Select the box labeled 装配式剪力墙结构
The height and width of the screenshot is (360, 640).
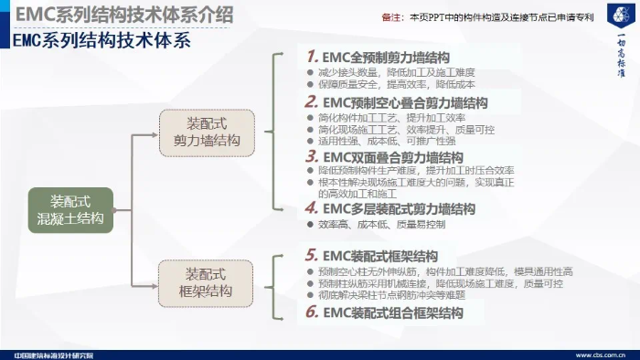[207, 132]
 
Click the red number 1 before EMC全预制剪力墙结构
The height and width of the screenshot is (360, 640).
[313, 56]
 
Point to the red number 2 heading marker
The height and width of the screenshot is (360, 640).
[313, 102]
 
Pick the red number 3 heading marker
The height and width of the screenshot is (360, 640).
[313, 156]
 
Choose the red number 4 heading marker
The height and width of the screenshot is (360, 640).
[313, 208]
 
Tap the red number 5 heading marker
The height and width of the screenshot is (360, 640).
[313, 255]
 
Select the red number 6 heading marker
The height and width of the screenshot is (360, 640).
[313, 312]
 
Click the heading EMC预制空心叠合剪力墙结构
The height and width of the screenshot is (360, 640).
[406, 102]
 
